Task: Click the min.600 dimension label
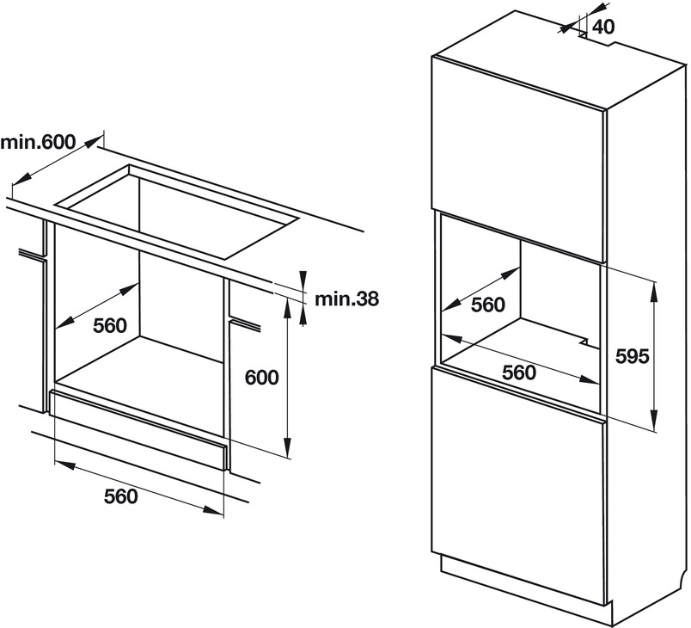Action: coord(40,142)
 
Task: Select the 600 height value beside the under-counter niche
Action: coord(261,377)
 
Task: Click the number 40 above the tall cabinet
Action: coord(604,27)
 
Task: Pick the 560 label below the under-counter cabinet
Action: coord(120,496)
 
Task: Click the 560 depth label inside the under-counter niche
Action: coord(109,324)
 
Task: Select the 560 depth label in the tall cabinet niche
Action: coord(488,305)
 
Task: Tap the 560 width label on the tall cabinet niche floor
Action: coord(519,372)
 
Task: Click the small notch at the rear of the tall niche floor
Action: coord(585,341)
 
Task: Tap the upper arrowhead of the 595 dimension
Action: coord(654,287)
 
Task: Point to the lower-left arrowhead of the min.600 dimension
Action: coord(20,181)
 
